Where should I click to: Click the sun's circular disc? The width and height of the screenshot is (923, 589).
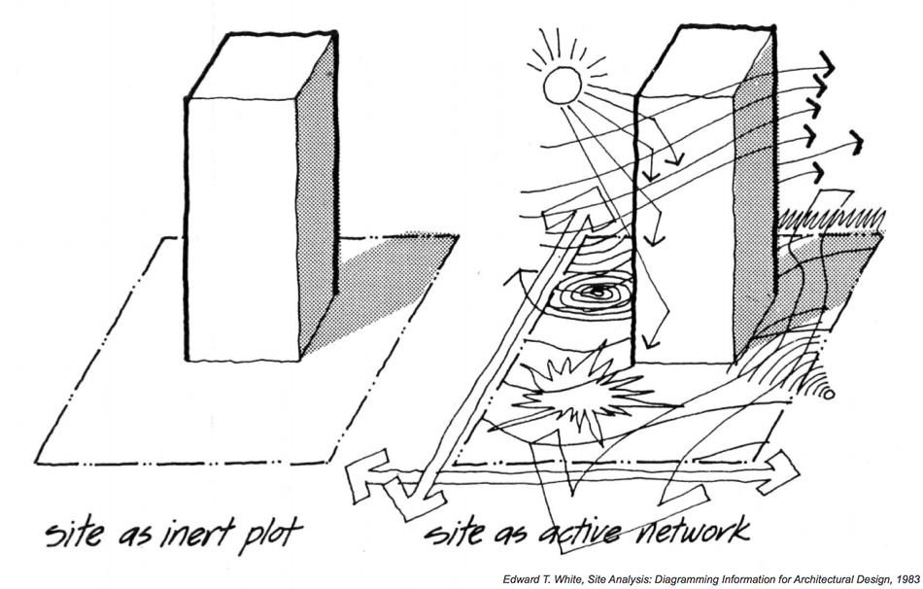point(563,85)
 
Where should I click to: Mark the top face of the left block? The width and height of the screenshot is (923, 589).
point(261,65)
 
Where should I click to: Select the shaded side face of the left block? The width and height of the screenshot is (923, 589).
point(318,194)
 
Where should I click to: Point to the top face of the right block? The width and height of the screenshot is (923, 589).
point(706,59)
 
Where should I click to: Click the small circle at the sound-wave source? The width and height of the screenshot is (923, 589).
point(829,394)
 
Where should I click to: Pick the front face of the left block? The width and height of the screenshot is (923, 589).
point(243,228)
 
